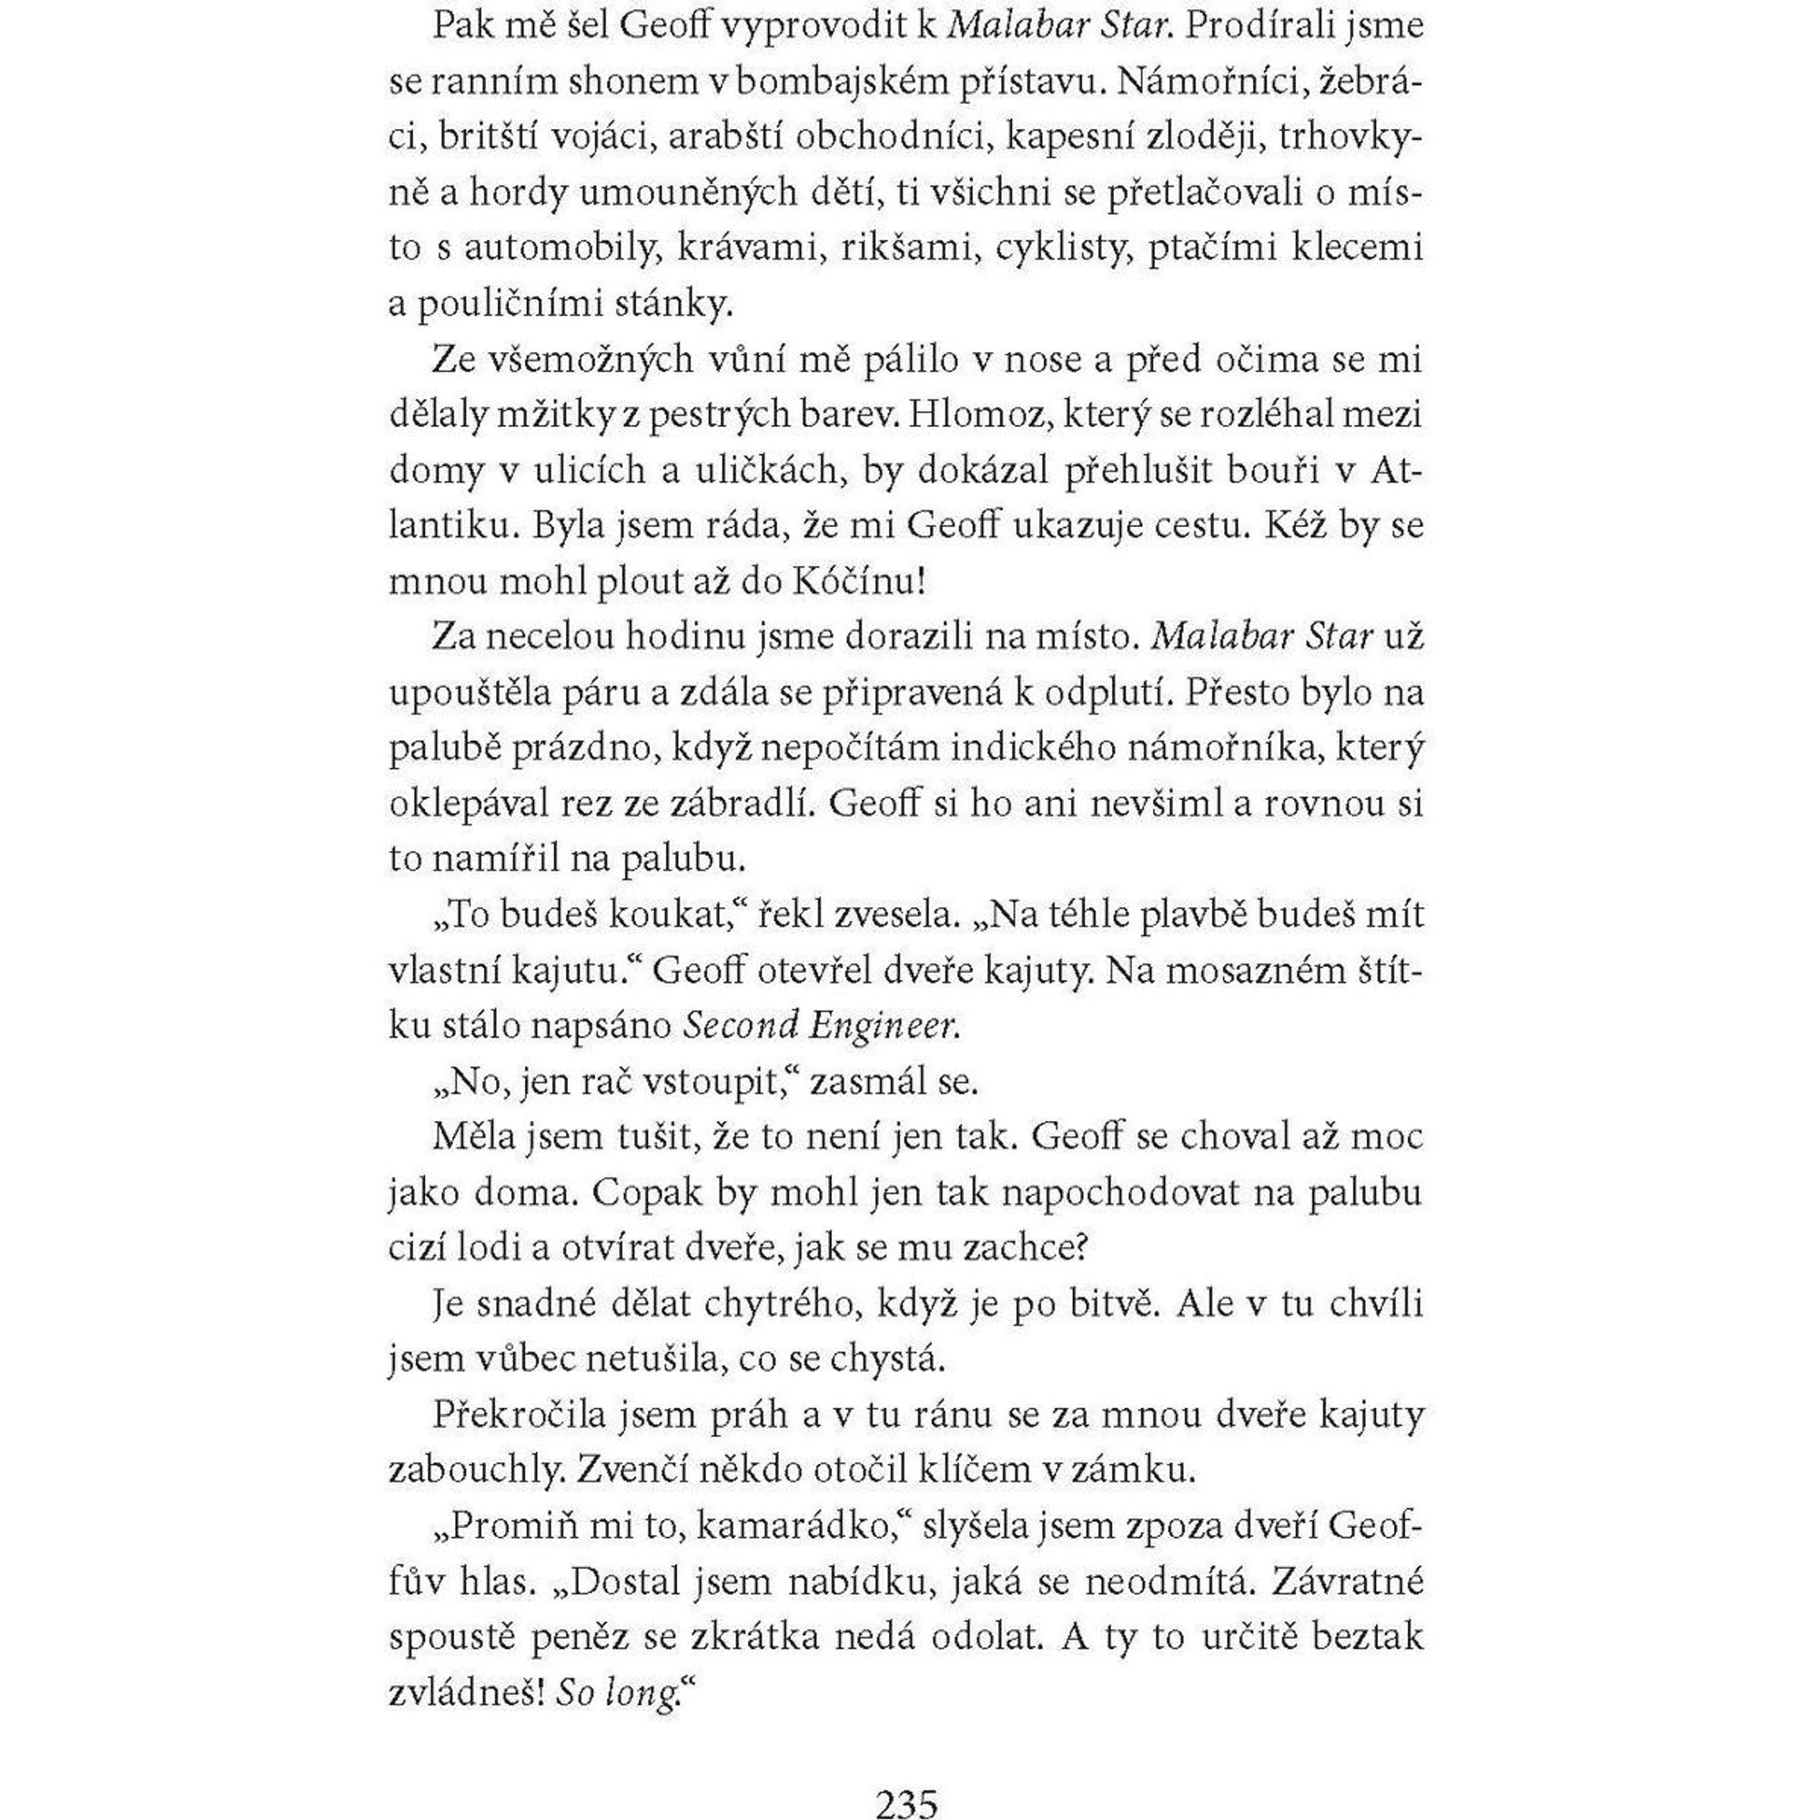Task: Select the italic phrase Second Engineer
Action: click(821, 1026)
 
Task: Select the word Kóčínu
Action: click(857, 581)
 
